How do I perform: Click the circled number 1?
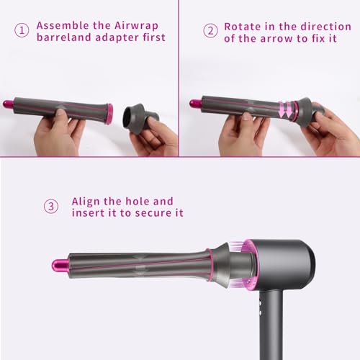pos(22,30)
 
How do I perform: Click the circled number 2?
pos(210,30)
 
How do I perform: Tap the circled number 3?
pos(51,207)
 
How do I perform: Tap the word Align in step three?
pos(89,201)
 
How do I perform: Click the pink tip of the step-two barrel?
pos(194,104)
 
